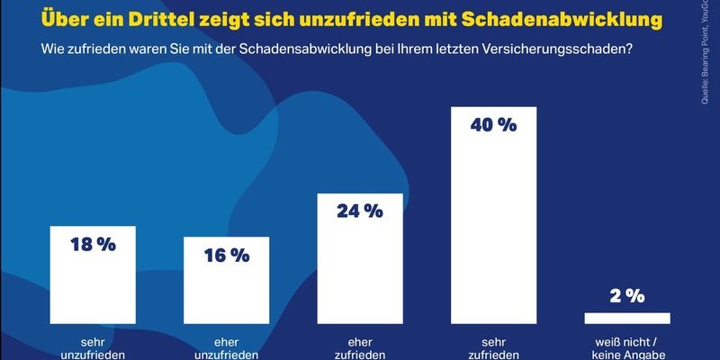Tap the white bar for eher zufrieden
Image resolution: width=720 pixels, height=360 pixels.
359,270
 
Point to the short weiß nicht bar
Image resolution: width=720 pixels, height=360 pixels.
627,318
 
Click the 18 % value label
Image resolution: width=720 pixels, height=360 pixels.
92,245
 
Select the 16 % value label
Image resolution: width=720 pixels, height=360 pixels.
226,256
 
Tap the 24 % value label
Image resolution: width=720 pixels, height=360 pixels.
359,211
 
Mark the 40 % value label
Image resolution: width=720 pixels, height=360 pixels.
493,125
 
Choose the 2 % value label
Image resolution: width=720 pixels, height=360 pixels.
627,295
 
